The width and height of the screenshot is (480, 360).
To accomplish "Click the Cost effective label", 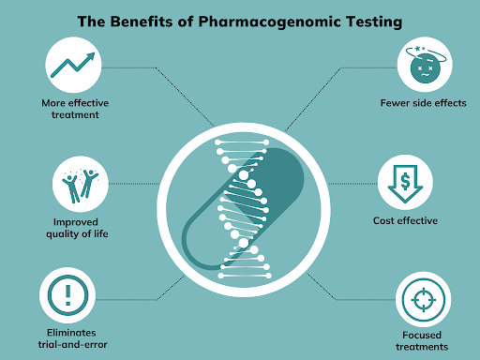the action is tap(404, 221).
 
